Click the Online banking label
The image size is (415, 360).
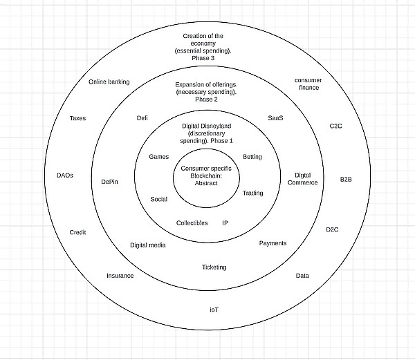pyautogui.click(x=109, y=82)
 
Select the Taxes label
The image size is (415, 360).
pyautogui.click(x=77, y=118)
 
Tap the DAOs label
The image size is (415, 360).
pyautogui.click(x=64, y=176)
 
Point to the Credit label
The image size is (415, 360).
pyautogui.click(x=77, y=232)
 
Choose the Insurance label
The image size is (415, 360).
pyautogui.click(x=120, y=276)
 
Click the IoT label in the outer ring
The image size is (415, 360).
pyautogui.click(x=214, y=309)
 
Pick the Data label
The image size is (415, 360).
pyautogui.click(x=302, y=276)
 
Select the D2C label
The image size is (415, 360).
pyautogui.click(x=334, y=229)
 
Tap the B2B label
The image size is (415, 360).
pyautogui.click(x=346, y=180)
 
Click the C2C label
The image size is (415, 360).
pyautogui.click(x=335, y=126)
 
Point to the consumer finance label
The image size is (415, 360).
pyautogui.click(x=308, y=84)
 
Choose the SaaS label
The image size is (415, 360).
pyautogui.click(x=275, y=118)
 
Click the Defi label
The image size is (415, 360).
pyautogui.click(x=142, y=118)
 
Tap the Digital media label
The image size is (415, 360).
pyautogui.click(x=148, y=245)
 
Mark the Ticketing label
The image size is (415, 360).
pyautogui.click(x=214, y=267)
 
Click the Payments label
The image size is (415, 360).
pyautogui.click(x=273, y=243)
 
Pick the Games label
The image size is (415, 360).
pyautogui.click(x=159, y=157)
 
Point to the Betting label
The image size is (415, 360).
pyautogui.click(x=252, y=157)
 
